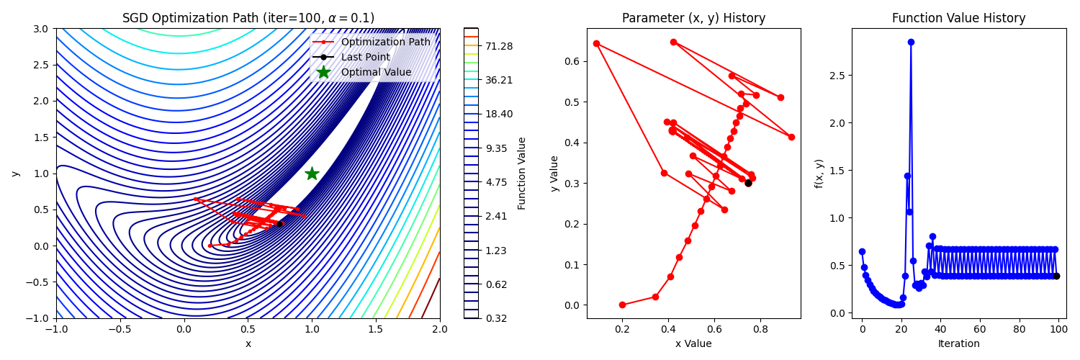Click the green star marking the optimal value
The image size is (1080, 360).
[x=312, y=174]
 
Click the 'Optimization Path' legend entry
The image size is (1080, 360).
[x=385, y=42]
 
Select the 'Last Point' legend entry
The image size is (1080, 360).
[x=365, y=58]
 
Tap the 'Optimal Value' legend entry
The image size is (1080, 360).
[x=376, y=73]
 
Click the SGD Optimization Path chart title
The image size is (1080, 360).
[x=248, y=19]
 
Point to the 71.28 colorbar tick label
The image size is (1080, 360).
[x=499, y=46]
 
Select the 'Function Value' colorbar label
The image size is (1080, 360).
[x=522, y=174]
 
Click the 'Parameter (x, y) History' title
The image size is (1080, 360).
[x=693, y=19]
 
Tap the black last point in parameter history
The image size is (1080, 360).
[x=748, y=183]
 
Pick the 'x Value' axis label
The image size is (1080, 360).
[x=693, y=344]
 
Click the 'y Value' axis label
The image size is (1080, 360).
[x=554, y=174]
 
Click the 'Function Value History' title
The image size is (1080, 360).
[x=958, y=19]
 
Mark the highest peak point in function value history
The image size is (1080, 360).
[x=911, y=42]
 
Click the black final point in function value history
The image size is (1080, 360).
[x=1056, y=276]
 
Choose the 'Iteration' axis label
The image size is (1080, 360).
[x=958, y=344]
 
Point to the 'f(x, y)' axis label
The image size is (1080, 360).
[x=819, y=174]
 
